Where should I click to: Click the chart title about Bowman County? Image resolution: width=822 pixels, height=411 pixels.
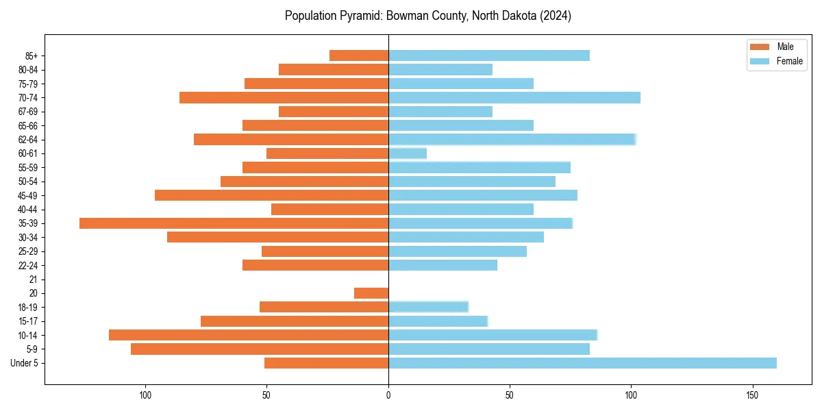pos(428,15)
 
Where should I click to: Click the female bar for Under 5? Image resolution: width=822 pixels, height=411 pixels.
pos(582,363)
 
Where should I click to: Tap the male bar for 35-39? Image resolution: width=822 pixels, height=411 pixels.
pos(234,223)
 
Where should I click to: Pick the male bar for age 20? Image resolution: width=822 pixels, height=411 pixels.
pos(371,293)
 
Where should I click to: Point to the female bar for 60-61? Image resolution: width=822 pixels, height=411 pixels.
pos(408,153)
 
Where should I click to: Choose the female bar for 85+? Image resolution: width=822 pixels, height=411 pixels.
pos(489,55)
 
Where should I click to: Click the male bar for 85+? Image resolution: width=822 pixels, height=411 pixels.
pos(359,55)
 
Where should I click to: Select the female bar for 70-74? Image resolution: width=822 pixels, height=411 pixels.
pos(514,98)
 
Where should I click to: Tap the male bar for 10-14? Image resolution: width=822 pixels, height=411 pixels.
pos(249,335)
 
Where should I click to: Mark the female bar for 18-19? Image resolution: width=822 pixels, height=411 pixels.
pos(428,307)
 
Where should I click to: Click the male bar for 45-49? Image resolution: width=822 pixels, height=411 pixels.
pos(271,195)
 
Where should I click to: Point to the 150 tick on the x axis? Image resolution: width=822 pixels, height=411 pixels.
pos(753,395)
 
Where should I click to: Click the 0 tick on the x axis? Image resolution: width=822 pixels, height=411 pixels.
pos(388,395)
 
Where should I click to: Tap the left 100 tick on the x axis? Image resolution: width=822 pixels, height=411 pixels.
pos(145,395)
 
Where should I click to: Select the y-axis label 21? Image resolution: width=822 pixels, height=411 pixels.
pos(33,279)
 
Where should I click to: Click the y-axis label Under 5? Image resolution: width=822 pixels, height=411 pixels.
pos(24,363)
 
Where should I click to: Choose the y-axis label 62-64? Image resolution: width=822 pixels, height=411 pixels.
pos(27,140)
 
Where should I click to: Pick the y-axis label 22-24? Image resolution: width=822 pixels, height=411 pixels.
pos(27,265)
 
